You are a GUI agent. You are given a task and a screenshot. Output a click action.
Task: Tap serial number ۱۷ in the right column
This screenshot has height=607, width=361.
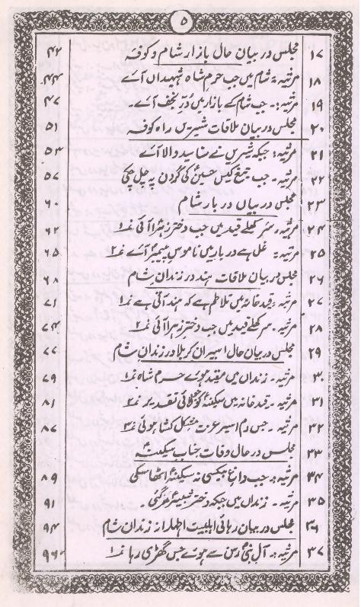(318, 56)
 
